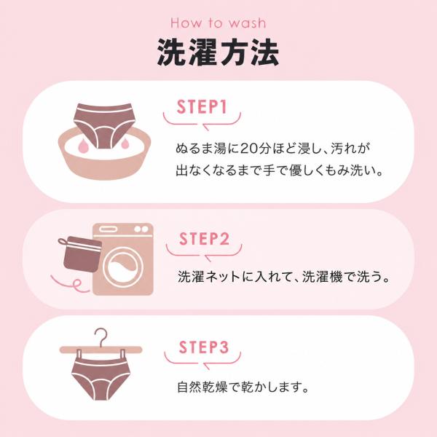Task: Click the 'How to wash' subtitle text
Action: (219, 23)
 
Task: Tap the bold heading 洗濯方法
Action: (218, 52)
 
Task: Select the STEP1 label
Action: (202, 107)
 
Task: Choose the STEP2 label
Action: (204, 239)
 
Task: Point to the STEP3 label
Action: (203, 347)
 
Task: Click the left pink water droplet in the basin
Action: (83, 146)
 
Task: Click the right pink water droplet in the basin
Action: (125, 143)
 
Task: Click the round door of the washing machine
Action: (123, 268)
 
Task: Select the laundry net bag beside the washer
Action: (81, 253)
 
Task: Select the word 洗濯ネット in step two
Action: (209, 277)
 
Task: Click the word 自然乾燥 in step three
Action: (202, 387)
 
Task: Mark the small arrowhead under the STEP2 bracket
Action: (208, 258)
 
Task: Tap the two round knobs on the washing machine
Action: (141, 229)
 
